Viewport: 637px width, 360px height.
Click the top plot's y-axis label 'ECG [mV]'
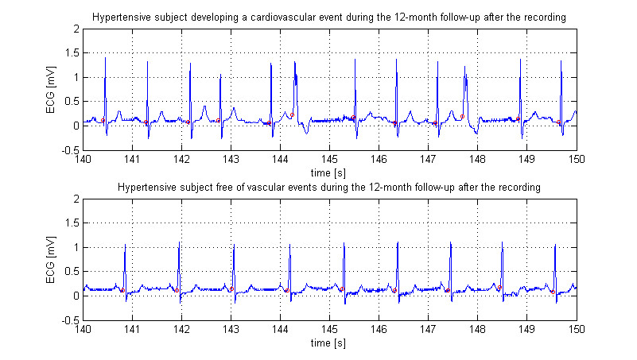[53, 88]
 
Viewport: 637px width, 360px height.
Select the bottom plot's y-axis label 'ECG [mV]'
[53, 258]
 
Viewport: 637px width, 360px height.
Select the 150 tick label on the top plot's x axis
[576, 160]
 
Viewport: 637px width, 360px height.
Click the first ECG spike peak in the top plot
[105, 58]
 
